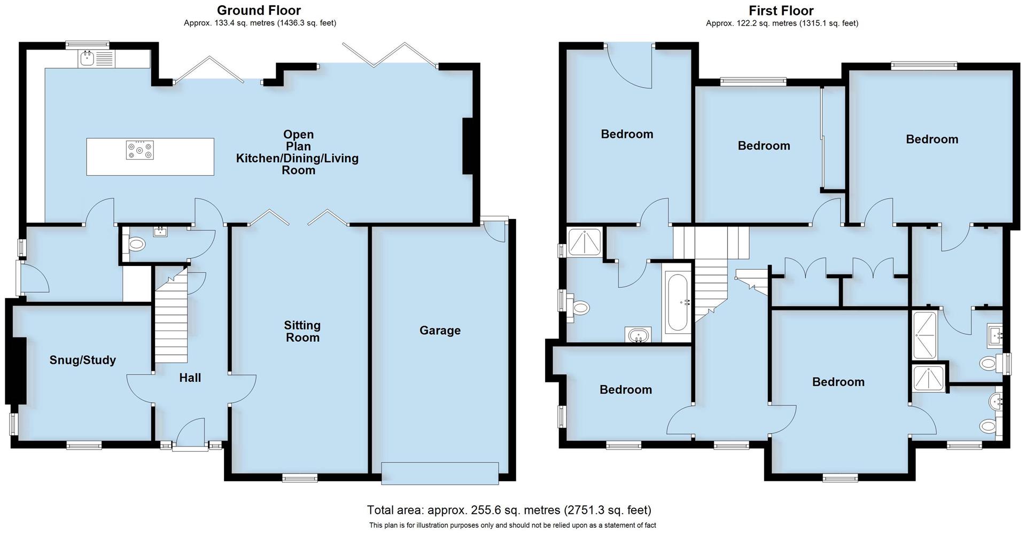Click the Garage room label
click(x=440, y=331)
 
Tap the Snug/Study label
click(x=82, y=360)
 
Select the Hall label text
click(x=190, y=378)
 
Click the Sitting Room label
click(x=302, y=331)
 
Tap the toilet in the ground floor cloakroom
click(x=136, y=245)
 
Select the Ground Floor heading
click(x=259, y=10)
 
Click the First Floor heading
click(x=781, y=10)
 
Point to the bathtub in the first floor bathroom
click(x=677, y=302)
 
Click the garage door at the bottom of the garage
click(x=440, y=473)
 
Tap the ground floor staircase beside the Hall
click(x=171, y=320)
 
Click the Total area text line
click(x=509, y=510)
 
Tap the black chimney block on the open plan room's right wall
click(x=468, y=146)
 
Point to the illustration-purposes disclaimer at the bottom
click(x=512, y=526)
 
